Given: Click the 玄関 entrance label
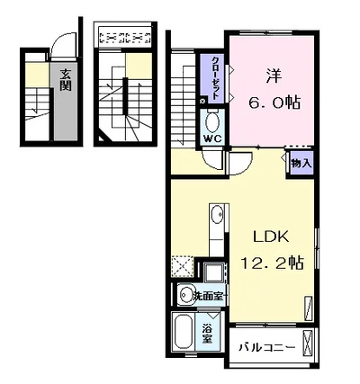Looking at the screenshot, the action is [x=66, y=80].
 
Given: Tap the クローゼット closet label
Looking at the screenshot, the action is [x=215, y=78].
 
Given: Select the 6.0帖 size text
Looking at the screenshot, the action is [x=274, y=103].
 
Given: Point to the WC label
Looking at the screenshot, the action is [x=212, y=138].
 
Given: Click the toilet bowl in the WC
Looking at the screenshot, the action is [x=212, y=122].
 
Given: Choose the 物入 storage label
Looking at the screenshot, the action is [x=301, y=164].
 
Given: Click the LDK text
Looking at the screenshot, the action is [x=271, y=237].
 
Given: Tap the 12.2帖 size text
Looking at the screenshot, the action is [x=273, y=263].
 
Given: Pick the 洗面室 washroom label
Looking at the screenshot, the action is [x=209, y=296].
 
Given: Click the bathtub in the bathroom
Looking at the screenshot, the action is [x=183, y=332].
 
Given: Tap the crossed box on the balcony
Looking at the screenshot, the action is [x=308, y=342].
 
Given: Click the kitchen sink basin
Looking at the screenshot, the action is [x=217, y=215].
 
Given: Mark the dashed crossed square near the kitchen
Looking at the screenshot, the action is [x=183, y=266].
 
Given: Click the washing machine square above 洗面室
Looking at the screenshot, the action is [x=213, y=272].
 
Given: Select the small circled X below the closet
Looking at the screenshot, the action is [x=202, y=101].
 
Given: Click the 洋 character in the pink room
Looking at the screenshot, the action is [x=274, y=76].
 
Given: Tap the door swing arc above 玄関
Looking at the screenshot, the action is [x=61, y=40].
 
